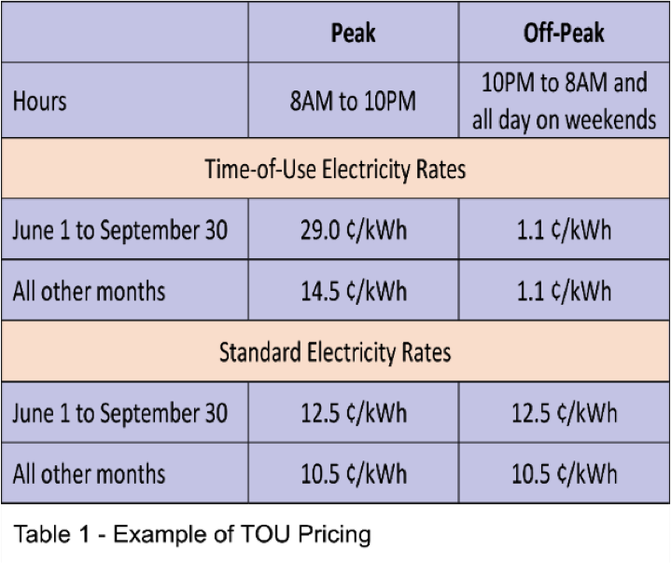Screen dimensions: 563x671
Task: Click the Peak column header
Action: tap(353, 34)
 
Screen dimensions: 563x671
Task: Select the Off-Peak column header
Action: tap(564, 34)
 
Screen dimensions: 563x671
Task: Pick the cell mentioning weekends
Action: tap(564, 101)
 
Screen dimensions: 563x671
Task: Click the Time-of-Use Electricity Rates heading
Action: tap(335, 170)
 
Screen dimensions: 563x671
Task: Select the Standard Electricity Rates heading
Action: tap(335, 352)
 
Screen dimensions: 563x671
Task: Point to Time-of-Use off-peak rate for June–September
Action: tap(564, 229)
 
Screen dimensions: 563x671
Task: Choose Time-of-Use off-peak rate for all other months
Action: tap(564, 290)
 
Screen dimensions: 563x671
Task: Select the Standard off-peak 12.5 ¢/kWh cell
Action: tap(564, 413)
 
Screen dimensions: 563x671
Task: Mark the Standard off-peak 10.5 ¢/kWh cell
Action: tap(564, 474)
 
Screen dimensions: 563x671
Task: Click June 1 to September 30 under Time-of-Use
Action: tap(119, 229)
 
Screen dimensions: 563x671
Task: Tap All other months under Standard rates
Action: tap(89, 474)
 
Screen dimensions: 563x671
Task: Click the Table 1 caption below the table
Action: tap(191, 535)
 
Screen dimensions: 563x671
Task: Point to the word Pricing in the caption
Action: tap(338, 535)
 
